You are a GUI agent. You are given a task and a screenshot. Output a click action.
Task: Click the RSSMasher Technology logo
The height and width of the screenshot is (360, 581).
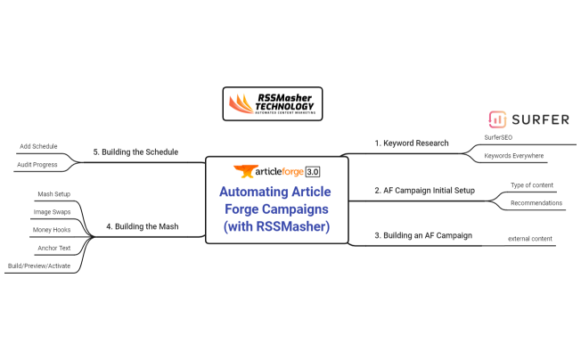[272, 104]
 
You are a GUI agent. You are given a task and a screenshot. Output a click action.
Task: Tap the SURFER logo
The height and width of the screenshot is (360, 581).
[528, 119]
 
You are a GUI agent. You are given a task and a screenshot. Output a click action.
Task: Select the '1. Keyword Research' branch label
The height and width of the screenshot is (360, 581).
[411, 143]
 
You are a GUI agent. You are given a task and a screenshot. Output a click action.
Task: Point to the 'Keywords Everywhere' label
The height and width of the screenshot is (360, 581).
[513, 156]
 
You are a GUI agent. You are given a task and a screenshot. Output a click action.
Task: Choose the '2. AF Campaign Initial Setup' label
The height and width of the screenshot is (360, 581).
[425, 190]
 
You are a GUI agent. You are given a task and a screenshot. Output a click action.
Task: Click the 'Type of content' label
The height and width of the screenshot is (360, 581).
[531, 185]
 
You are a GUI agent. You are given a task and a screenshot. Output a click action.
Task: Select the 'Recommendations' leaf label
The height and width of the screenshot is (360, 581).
[536, 202]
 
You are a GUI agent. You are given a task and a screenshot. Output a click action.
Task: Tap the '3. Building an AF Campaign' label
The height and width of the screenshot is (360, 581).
[422, 235]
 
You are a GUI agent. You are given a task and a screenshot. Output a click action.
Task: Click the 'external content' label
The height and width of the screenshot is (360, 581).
[531, 238]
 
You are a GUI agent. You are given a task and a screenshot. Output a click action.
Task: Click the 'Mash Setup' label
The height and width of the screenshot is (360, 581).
[53, 193]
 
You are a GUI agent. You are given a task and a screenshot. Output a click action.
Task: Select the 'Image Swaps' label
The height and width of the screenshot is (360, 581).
[53, 211]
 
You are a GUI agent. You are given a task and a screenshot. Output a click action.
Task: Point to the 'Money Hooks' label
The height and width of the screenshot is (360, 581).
[52, 229]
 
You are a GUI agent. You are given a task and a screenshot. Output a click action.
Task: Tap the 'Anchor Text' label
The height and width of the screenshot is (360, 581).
[53, 247]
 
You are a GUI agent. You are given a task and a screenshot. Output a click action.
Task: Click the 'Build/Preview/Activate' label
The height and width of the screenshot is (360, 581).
[38, 265]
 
